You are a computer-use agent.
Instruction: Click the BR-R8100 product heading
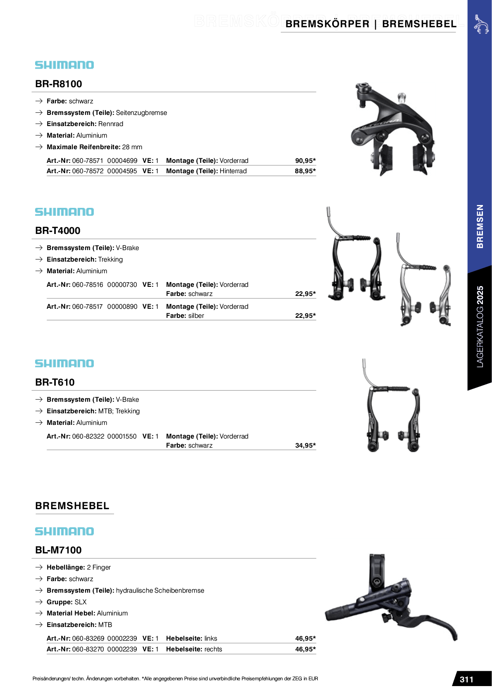pos(58,84)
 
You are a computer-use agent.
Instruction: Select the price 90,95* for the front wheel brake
pos(305,161)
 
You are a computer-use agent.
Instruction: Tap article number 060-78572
pos(88,171)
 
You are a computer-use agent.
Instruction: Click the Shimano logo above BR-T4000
pos(64,212)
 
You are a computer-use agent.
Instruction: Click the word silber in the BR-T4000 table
pos(196,316)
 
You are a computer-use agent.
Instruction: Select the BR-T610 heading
pos(55,382)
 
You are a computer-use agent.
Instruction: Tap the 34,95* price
pos(305,446)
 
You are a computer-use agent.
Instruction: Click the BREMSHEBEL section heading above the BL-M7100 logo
pos(72,506)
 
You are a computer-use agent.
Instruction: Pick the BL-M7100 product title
pos(58,550)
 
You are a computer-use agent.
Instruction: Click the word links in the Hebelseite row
pos(211,639)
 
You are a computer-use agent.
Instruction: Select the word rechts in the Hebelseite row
pos(213,649)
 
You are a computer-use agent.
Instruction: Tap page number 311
pos(466,679)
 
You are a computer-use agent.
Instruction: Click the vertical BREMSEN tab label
pos(480,226)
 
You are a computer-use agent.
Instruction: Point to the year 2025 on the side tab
pos(480,296)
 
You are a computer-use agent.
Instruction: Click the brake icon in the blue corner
pos(481,24)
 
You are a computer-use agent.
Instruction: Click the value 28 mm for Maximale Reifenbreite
pos(132,147)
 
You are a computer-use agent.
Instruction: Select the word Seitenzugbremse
pos(141,113)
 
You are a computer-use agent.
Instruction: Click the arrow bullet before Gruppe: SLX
pos(39,602)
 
